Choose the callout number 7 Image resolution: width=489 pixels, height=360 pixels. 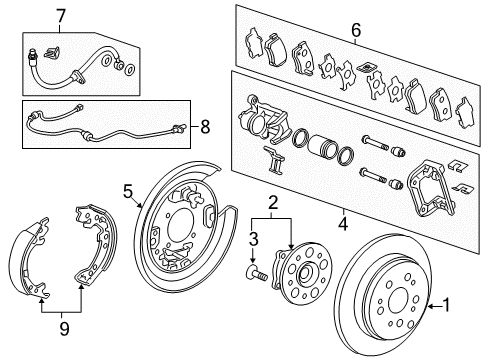coord(60,16)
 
